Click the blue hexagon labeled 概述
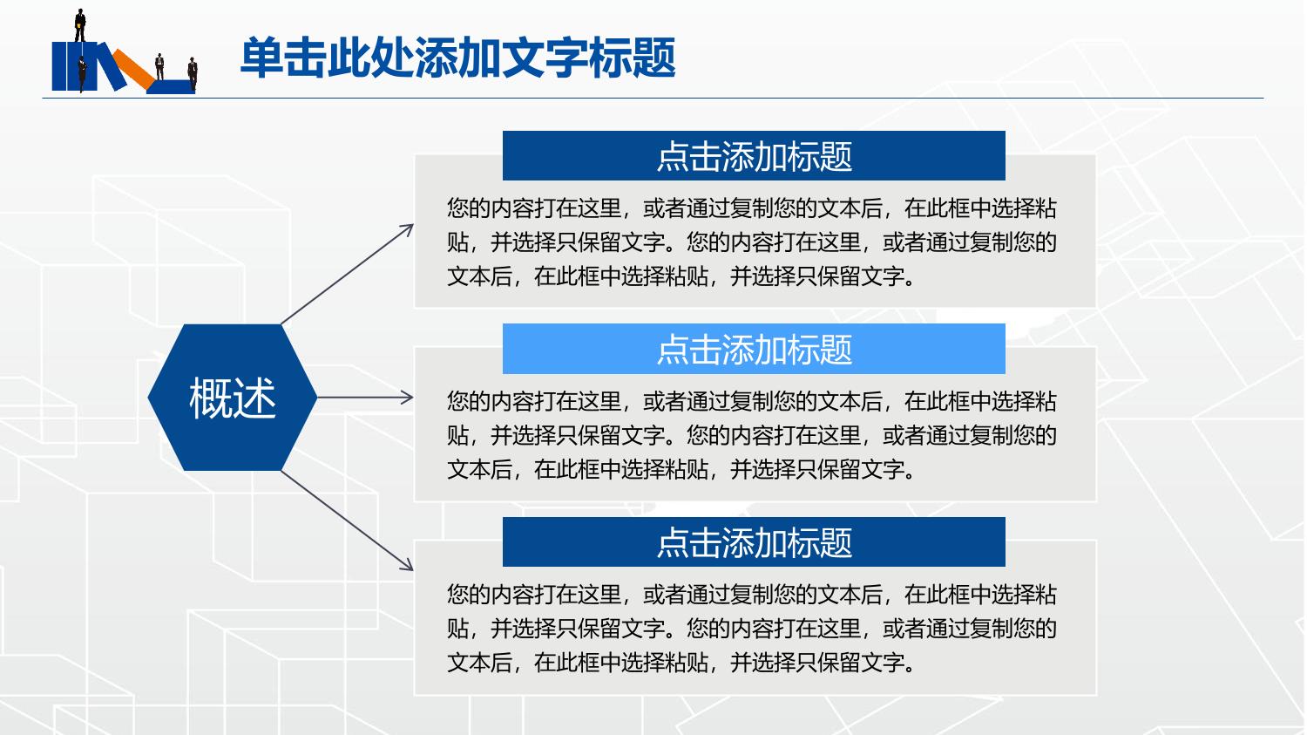pos(233,398)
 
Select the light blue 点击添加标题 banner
pos(754,349)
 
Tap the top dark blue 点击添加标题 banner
pos(754,155)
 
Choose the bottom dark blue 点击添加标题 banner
pos(754,541)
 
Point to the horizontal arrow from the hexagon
pos(365,398)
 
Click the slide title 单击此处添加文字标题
pos(458,58)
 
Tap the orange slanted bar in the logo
pos(134,69)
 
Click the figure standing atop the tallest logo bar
pos(80,25)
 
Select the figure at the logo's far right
pos(193,73)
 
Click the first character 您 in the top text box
pos(457,208)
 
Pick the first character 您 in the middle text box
pos(457,402)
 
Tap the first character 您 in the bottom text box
pos(457,595)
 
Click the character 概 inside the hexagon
pos(210,398)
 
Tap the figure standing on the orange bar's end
pos(159,66)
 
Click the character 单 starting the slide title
pos(261,58)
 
